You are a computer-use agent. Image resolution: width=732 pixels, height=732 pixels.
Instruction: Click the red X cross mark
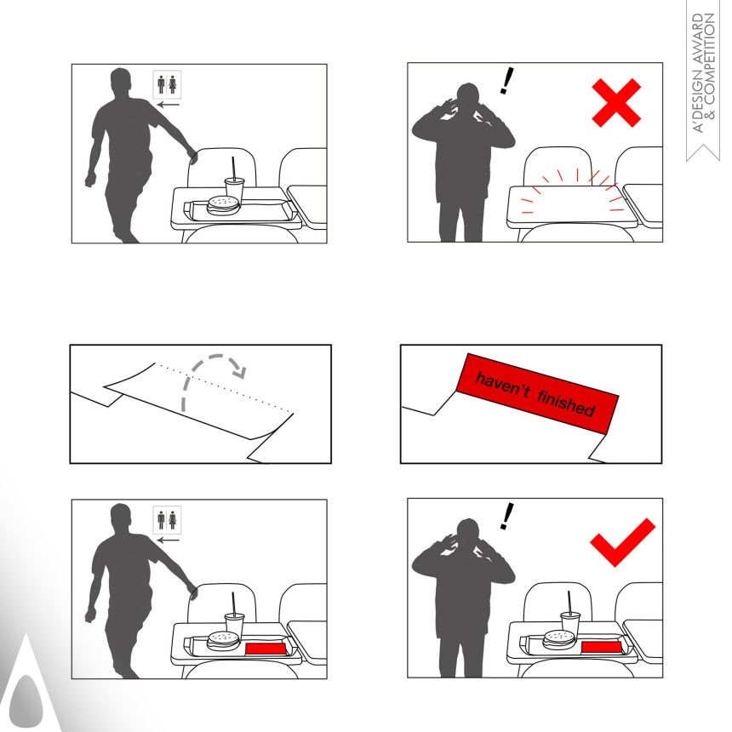click(x=616, y=103)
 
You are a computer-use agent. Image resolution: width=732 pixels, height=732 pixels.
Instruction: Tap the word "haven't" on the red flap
click(x=502, y=386)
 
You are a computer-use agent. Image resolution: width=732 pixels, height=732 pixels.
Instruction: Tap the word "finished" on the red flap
click(x=566, y=403)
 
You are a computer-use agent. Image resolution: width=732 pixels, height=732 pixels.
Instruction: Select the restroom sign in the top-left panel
click(x=167, y=84)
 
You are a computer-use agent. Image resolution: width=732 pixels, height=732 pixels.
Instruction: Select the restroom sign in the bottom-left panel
click(x=167, y=519)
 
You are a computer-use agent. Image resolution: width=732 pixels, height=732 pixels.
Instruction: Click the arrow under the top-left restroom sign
click(x=168, y=105)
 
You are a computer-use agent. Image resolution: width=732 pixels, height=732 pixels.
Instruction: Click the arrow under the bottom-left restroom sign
click(x=168, y=540)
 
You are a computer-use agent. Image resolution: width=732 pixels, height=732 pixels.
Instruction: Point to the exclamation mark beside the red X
click(x=506, y=80)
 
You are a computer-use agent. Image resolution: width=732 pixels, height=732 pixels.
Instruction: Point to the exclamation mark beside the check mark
click(x=506, y=516)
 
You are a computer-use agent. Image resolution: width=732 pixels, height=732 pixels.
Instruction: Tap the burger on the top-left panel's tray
click(x=223, y=204)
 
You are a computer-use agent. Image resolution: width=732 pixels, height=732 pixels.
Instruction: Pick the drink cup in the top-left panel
click(x=234, y=186)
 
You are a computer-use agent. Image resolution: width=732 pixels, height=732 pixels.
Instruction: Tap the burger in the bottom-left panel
click(x=223, y=640)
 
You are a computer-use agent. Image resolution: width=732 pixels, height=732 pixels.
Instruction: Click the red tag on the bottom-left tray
click(x=266, y=649)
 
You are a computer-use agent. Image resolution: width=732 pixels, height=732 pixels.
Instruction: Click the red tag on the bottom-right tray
click(x=601, y=647)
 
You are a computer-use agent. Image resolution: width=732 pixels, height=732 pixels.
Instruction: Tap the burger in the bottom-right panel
click(x=559, y=639)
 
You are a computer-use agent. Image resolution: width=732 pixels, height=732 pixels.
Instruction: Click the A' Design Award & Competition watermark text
click(x=703, y=73)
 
